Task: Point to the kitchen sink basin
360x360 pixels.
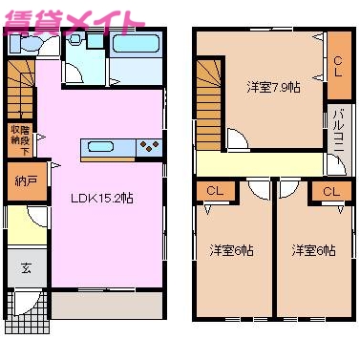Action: (x=100, y=146)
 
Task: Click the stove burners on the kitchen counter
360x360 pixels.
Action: (x=149, y=146)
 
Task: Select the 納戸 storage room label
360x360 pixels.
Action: (x=27, y=180)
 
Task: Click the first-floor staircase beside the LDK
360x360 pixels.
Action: (x=19, y=81)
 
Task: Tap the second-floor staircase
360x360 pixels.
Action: (x=210, y=88)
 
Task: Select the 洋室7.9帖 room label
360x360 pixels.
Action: (x=272, y=87)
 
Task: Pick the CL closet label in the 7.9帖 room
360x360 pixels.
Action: (x=338, y=64)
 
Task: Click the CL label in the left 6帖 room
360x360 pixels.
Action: (x=215, y=192)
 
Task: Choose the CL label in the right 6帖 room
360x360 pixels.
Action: (x=330, y=192)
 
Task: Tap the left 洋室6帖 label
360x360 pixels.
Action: (x=232, y=250)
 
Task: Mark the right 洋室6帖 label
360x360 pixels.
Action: (x=313, y=250)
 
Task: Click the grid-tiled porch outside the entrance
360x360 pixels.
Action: (x=24, y=305)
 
